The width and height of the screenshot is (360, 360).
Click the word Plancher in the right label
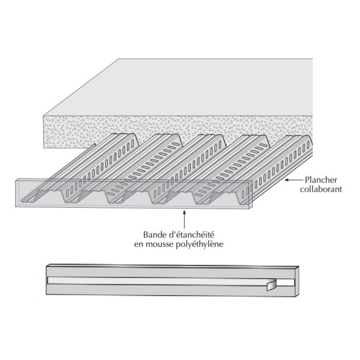click(x=321, y=180)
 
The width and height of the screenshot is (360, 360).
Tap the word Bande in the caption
click(x=150, y=232)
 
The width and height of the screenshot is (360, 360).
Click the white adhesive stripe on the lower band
click(x=154, y=281)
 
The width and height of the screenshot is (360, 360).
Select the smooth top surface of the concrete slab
click(x=206, y=87)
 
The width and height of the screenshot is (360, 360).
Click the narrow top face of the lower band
click(x=170, y=267)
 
